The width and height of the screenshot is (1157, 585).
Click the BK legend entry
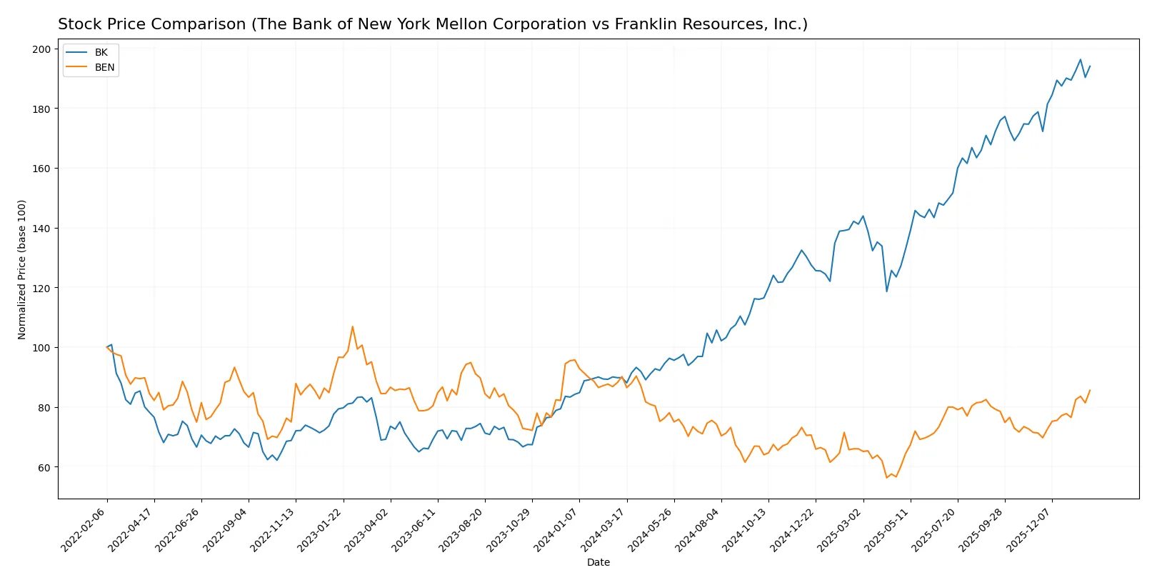click(x=101, y=52)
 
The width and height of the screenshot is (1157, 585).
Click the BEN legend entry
click(x=104, y=67)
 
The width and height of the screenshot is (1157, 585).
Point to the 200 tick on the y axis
click(x=41, y=49)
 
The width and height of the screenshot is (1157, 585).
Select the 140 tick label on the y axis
click(x=41, y=229)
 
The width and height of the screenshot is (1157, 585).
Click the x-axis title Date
click(x=598, y=562)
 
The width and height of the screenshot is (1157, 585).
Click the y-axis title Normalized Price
click(x=22, y=269)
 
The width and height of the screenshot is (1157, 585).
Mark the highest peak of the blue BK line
click(x=1080, y=60)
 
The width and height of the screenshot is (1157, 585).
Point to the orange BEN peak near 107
click(x=352, y=327)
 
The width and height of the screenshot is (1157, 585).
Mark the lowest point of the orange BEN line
click(x=886, y=477)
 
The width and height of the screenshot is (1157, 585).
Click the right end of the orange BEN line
click(x=1089, y=390)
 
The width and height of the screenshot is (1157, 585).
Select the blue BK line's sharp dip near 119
click(x=886, y=291)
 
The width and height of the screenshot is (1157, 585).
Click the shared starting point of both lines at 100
click(x=107, y=347)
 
